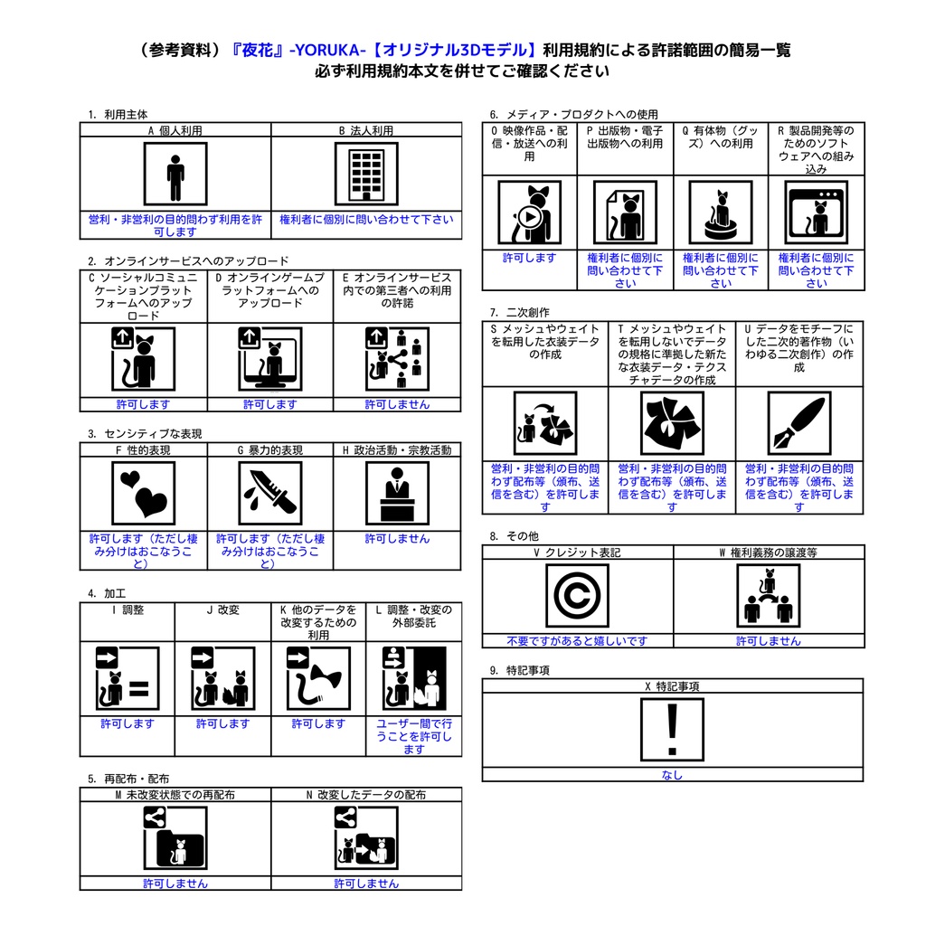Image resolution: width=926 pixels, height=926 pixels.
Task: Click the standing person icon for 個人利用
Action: click(x=175, y=174)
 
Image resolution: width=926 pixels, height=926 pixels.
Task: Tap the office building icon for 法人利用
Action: click(x=366, y=174)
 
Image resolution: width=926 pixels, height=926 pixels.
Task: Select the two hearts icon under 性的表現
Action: click(x=144, y=493)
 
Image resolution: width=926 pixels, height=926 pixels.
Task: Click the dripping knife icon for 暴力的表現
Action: click(x=270, y=493)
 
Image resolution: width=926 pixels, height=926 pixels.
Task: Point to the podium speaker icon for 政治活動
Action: click(x=397, y=493)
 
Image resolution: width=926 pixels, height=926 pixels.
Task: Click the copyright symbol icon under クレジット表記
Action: click(x=577, y=595)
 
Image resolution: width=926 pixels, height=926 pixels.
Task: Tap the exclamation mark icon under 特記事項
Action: click(x=672, y=730)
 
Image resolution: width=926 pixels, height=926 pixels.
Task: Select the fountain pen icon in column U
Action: click(x=799, y=423)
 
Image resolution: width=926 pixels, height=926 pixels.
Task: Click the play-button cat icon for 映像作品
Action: click(x=529, y=213)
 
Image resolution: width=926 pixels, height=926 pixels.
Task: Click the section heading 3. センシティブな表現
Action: click(x=145, y=433)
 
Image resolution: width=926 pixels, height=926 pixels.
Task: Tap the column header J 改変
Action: click(x=222, y=610)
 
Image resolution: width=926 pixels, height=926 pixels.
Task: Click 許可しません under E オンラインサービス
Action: click(x=397, y=404)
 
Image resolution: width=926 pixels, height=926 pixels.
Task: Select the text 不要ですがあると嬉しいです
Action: click(x=577, y=641)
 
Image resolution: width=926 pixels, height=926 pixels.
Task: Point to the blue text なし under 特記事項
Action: click(x=672, y=775)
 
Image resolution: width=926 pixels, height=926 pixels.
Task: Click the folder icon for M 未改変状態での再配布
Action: click(x=175, y=838)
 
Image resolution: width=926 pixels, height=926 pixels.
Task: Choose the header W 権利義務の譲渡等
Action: click(x=769, y=553)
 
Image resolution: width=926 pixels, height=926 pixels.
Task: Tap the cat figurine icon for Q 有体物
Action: click(x=721, y=213)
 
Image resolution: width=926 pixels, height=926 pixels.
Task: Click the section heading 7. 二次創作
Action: click(x=519, y=312)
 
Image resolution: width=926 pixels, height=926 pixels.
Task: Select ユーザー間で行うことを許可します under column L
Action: click(x=414, y=736)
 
